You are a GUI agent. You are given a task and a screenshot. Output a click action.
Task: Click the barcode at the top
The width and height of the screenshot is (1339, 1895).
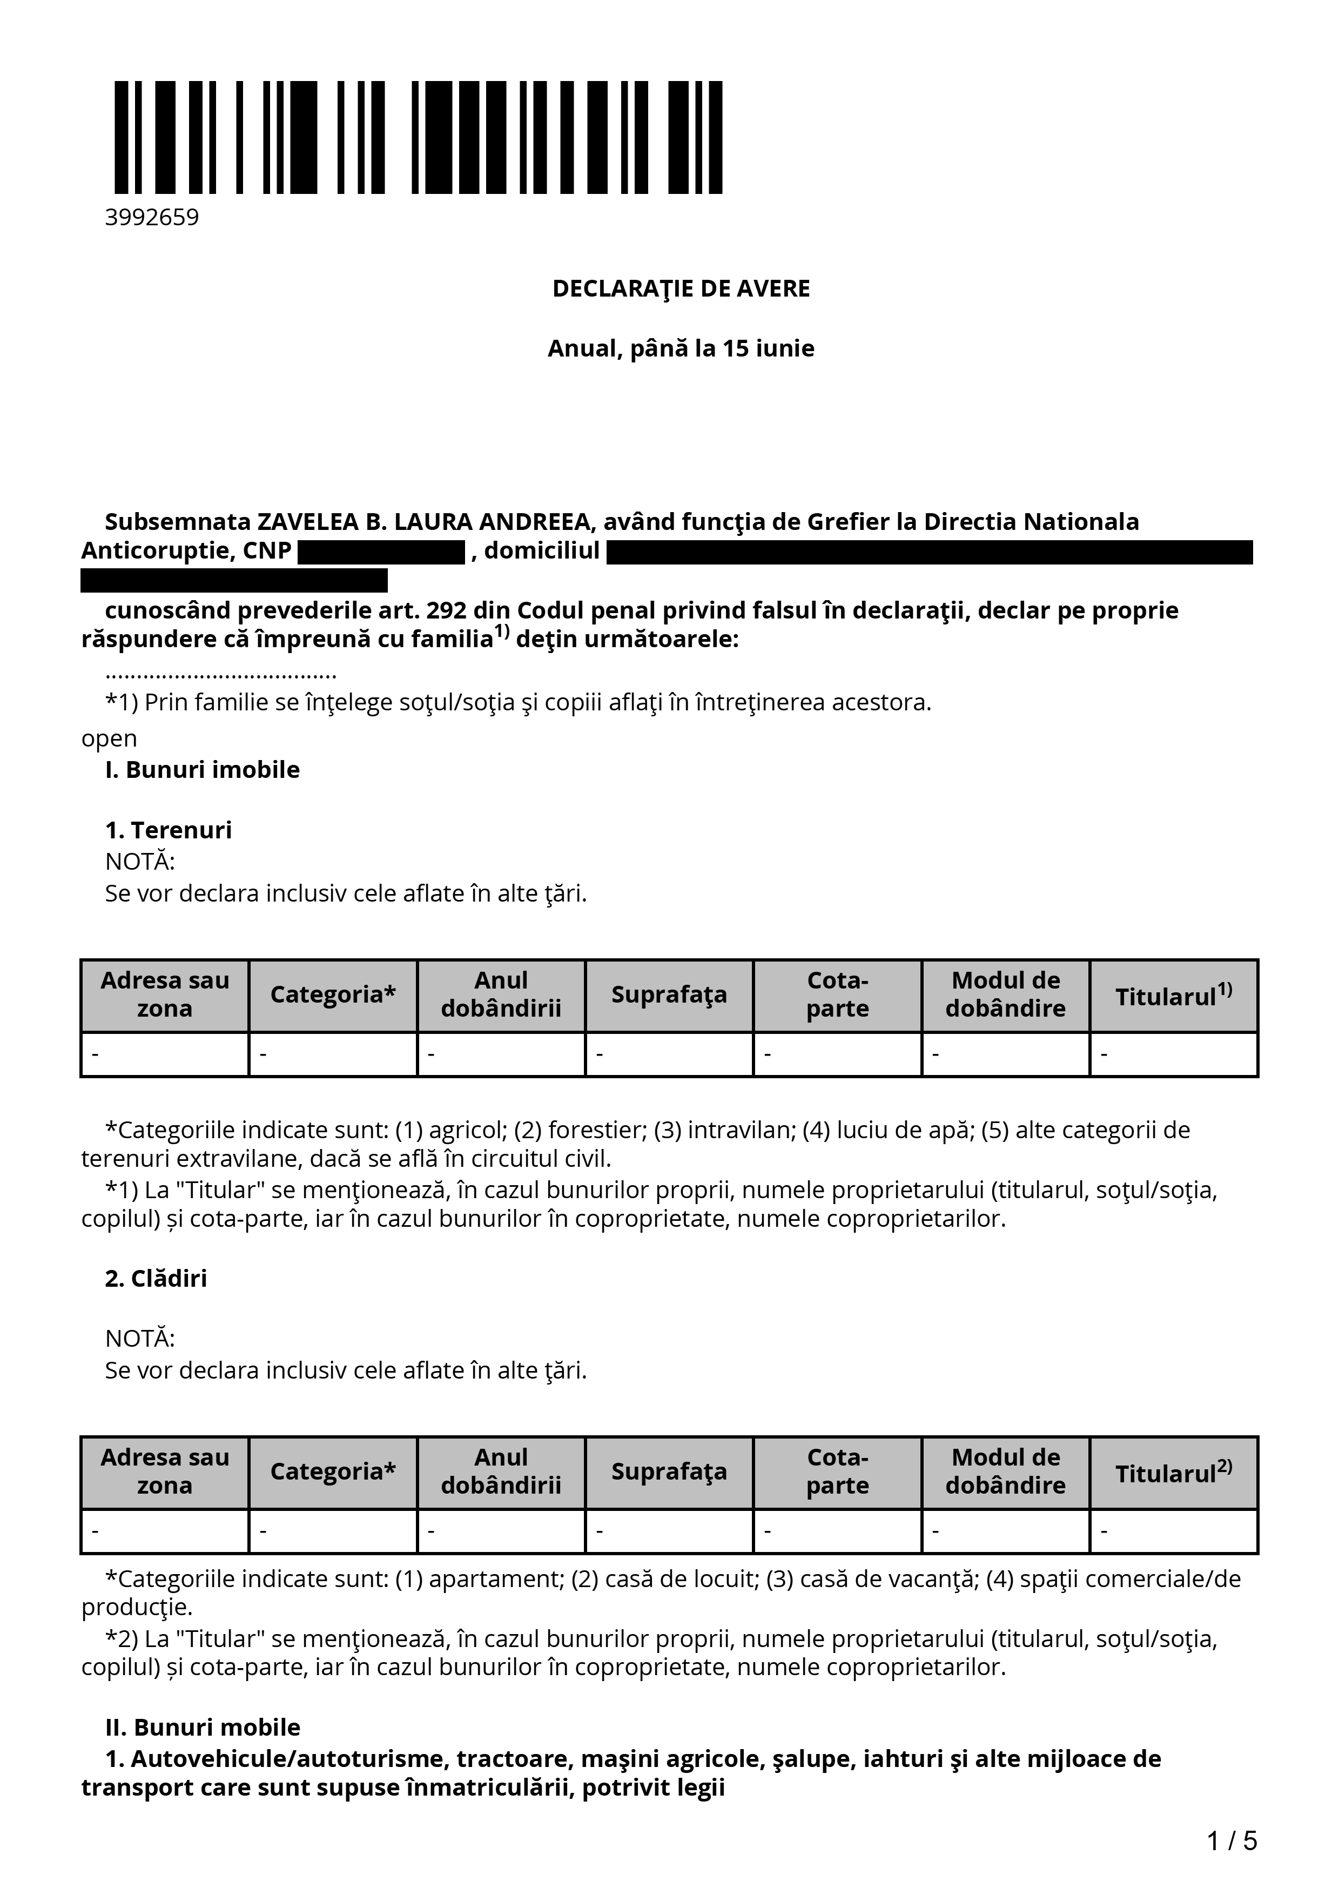[418, 137]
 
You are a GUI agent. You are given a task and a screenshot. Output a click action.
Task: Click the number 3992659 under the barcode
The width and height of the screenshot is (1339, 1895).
[152, 218]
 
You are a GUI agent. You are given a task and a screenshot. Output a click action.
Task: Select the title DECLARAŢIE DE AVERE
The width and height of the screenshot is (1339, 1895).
[681, 289]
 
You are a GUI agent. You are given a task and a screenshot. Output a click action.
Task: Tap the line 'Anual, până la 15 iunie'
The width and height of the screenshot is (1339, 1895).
[681, 348]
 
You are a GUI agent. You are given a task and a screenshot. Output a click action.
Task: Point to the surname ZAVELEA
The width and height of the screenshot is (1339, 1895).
[308, 522]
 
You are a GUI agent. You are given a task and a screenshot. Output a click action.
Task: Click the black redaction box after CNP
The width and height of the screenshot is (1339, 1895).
[381, 552]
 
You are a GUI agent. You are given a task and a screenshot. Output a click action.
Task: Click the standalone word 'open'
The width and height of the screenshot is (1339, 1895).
[109, 738]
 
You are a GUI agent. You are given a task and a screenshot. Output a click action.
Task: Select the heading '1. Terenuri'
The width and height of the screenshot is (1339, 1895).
[169, 830]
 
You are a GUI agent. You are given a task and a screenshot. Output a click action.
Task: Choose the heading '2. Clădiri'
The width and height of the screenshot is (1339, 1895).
[156, 1279]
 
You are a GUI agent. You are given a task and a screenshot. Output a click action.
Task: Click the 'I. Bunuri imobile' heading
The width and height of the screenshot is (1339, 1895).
[202, 770]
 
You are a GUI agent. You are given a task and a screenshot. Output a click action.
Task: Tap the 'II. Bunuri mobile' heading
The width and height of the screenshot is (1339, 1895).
[202, 1728]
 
